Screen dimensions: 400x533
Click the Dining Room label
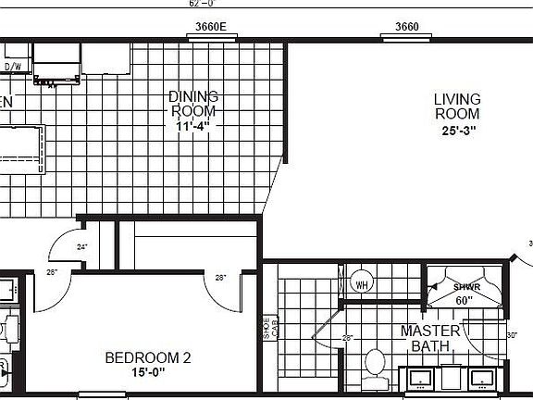tap(194, 104)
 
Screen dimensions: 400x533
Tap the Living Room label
tap(457, 106)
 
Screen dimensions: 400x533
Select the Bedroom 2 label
tap(147, 357)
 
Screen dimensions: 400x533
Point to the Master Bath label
tap(431, 338)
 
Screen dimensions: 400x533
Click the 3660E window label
tap(211, 27)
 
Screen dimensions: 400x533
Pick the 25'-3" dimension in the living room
tap(458, 131)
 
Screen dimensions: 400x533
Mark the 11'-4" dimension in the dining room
tap(194, 127)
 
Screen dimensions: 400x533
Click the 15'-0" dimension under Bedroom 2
tap(148, 373)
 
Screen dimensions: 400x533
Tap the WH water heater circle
tap(360, 283)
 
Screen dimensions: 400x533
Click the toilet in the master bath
tap(375, 362)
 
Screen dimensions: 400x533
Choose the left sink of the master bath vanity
tap(421, 378)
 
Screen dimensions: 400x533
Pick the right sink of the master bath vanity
tap(480, 378)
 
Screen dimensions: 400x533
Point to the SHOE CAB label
tap(269, 329)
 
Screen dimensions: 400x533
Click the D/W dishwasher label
tap(13, 67)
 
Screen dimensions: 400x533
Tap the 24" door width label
tap(81, 247)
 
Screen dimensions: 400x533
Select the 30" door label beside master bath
tap(514, 335)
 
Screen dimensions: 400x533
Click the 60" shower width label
tap(464, 300)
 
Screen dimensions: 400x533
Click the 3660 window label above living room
tap(408, 27)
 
